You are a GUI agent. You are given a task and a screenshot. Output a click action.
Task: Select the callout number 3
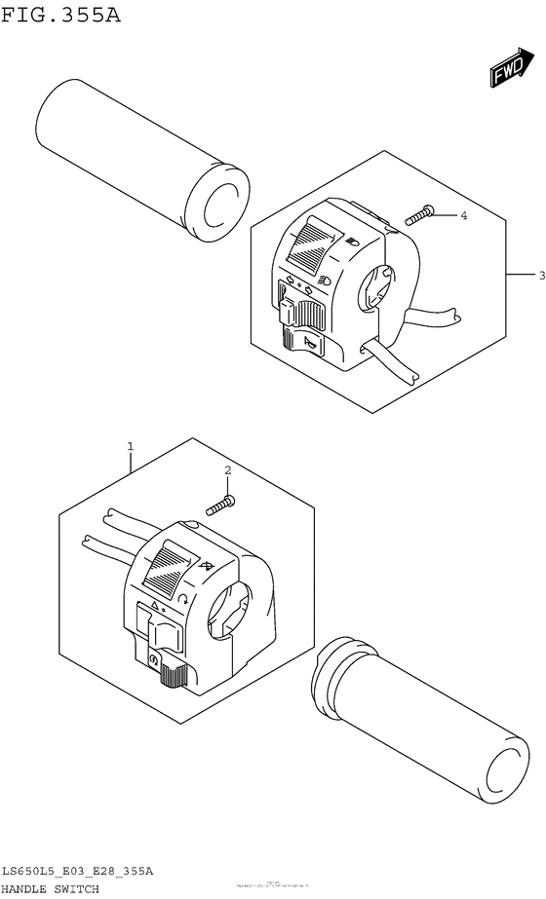pyautogui.click(x=541, y=276)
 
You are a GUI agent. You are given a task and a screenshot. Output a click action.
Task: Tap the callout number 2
pyautogui.click(x=227, y=471)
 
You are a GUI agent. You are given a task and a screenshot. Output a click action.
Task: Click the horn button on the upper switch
pyautogui.click(x=302, y=340)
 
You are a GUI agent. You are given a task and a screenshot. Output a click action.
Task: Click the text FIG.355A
pyautogui.click(x=60, y=16)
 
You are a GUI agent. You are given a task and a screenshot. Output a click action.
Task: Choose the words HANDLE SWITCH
pyautogui.click(x=50, y=889)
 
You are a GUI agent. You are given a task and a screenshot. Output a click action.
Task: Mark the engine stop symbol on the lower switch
pyautogui.click(x=154, y=661)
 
